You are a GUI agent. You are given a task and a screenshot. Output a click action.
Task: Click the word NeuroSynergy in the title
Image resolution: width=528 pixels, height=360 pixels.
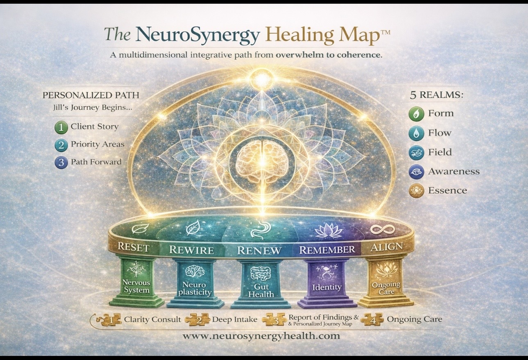coord(198,35)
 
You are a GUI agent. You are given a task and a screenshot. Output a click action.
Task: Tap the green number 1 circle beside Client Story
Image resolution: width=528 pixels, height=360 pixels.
coord(61,127)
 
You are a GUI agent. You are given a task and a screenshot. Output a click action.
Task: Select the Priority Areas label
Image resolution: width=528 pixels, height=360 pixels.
coord(97,144)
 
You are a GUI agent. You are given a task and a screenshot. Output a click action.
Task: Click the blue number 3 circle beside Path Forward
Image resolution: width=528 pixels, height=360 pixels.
coord(61,162)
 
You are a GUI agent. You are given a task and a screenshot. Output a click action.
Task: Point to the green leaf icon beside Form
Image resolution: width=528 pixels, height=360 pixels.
coord(416,113)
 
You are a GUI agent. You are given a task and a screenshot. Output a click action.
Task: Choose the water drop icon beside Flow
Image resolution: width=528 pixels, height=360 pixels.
coord(416,133)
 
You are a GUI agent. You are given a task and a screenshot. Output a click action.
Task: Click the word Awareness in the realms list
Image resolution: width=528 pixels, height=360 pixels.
coord(454,171)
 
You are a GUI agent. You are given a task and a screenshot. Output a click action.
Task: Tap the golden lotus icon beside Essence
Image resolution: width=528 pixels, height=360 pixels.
coord(416,191)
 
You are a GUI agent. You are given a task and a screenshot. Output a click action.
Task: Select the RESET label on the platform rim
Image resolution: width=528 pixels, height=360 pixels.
coord(133,248)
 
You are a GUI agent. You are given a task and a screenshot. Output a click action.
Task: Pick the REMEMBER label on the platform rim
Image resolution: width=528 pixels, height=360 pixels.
coord(327,249)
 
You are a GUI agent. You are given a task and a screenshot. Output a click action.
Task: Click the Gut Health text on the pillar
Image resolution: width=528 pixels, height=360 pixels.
coord(261,291)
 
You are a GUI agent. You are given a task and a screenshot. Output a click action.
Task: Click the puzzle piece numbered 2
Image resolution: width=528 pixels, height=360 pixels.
coord(197,320)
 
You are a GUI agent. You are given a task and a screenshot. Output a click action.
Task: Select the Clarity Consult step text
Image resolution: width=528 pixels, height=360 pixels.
coord(152,319)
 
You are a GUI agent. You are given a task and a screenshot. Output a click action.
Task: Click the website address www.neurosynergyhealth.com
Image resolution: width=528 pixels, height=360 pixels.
coord(261,336)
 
